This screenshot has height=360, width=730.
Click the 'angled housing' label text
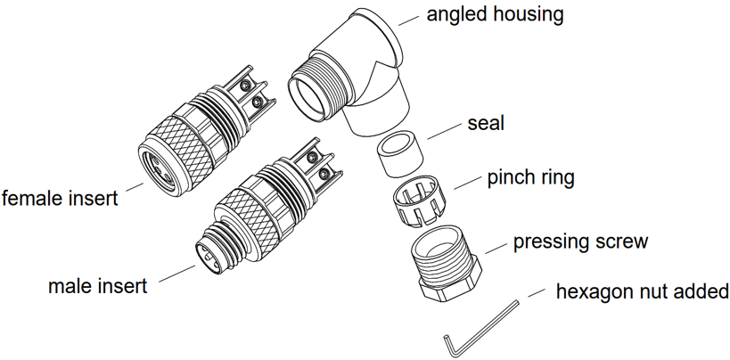pyautogui.click(x=495, y=14)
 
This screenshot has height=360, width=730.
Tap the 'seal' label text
pyautogui.click(x=485, y=123)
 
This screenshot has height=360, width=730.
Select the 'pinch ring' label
pyautogui.click(x=530, y=177)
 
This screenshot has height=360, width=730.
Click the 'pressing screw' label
pyautogui.click(x=580, y=241)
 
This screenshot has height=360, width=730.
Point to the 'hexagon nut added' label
pyautogui.click(x=642, y=292)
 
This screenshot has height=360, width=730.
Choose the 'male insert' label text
pyautogui.click(x=98, y=287)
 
